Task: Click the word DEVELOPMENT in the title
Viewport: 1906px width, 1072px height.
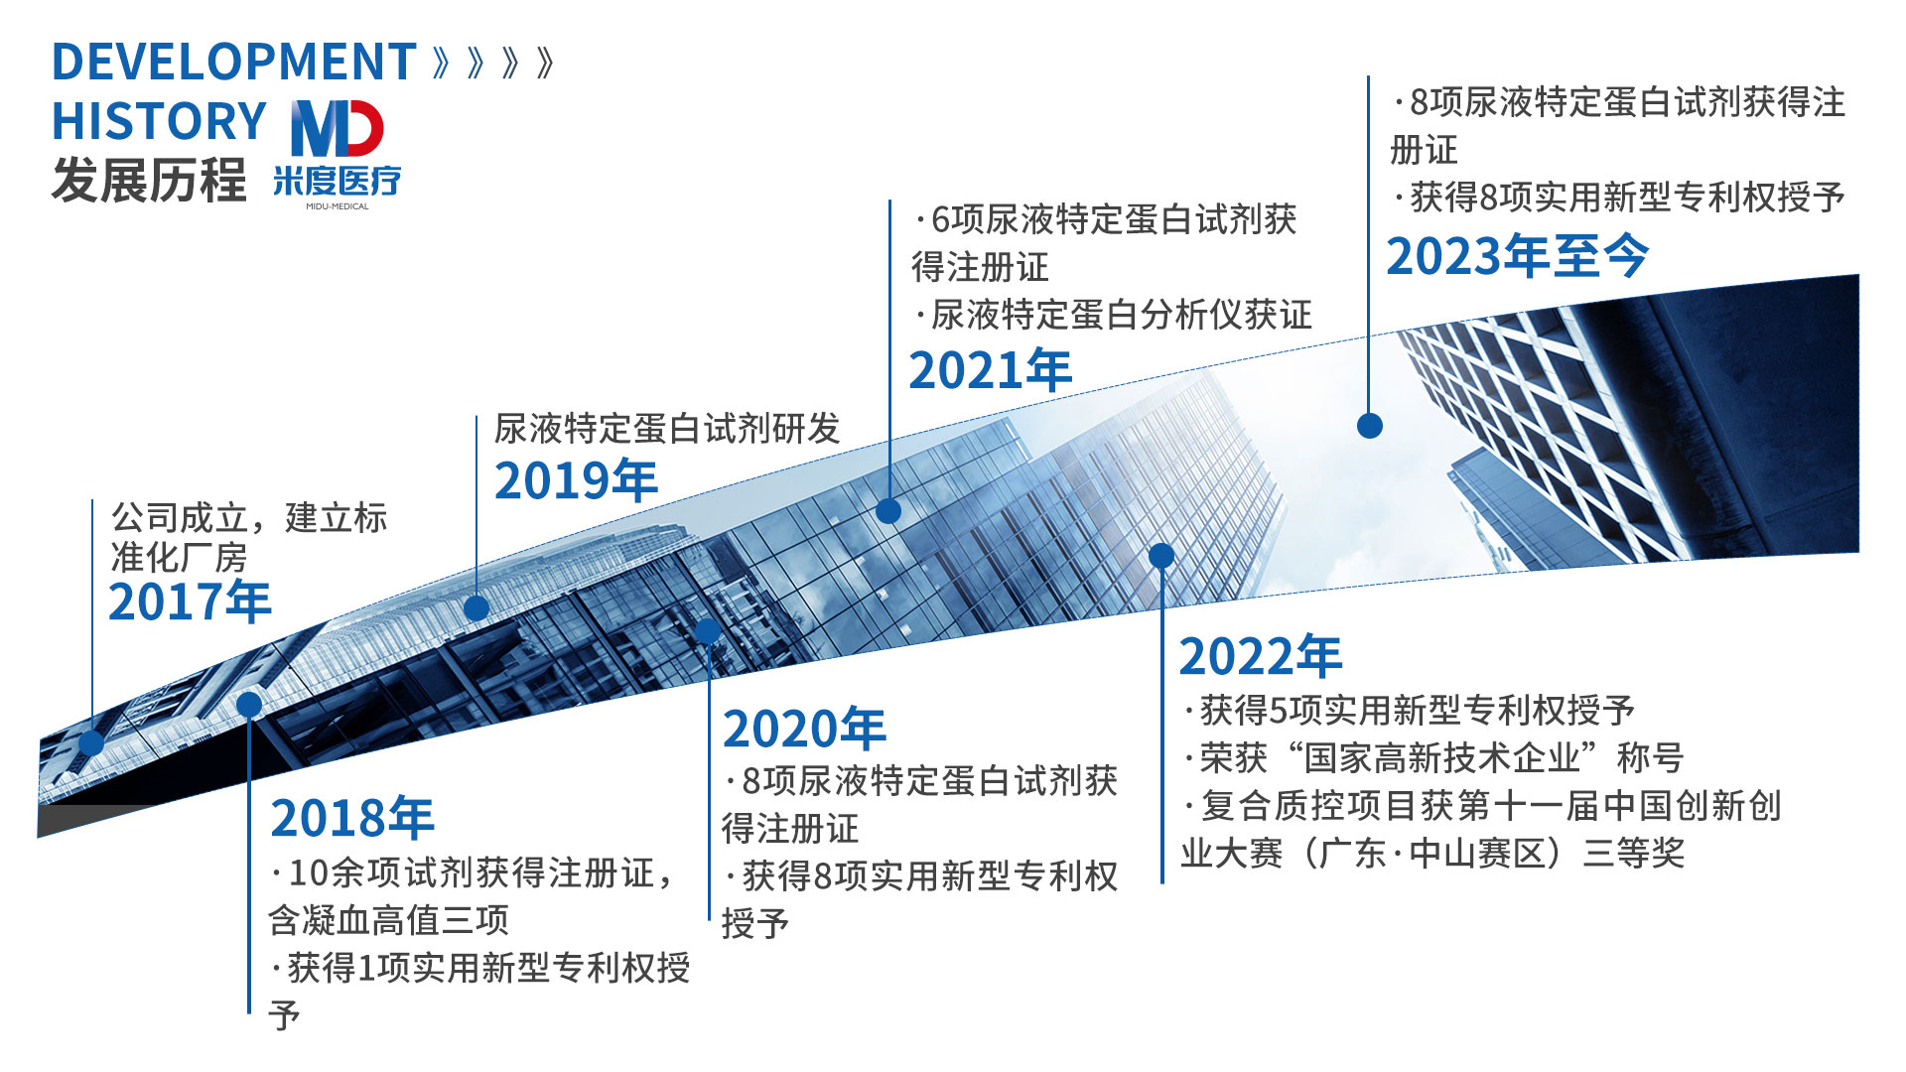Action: pos(233,62)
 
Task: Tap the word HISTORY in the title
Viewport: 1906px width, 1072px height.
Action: pos(159,121)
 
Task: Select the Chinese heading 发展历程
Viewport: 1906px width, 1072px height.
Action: pos(149,181)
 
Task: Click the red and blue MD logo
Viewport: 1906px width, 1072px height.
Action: pos(338,128)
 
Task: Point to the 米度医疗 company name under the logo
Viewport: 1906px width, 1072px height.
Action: pos(338,181)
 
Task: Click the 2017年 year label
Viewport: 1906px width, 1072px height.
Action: pos(190,602)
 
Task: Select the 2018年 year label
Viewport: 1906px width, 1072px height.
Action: pos(352,818)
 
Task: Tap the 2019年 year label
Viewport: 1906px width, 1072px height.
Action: pos(576,480)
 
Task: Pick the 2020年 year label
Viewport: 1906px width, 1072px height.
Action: pos(804,729)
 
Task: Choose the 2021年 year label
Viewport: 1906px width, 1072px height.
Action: pos(991,370)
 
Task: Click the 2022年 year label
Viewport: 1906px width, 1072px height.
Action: pos(1261,656)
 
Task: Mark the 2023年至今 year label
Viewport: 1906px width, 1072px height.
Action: pos(1518,256)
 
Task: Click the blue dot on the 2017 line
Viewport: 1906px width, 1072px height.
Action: pos(91,742)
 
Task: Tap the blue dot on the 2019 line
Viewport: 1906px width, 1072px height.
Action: pos(476,607)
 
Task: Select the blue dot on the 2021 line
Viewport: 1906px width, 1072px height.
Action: pos(888,511)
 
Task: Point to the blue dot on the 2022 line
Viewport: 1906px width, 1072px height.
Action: pos(1161,556)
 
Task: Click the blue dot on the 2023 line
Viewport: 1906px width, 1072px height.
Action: pos(1370,426)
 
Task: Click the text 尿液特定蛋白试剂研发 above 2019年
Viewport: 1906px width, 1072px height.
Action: pos(667,429)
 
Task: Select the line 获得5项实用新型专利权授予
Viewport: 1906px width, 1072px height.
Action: pos(1409,711)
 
